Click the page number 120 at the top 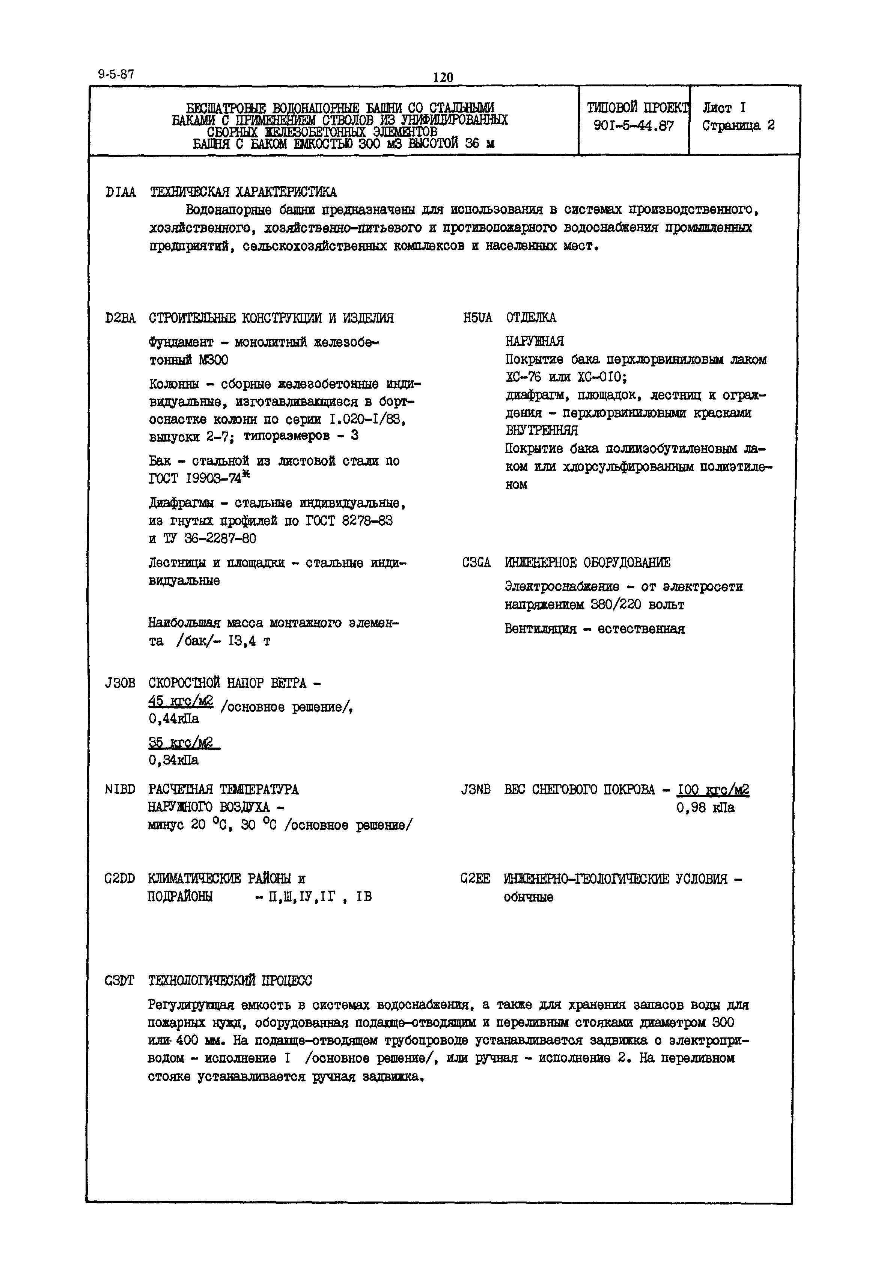(443, 77)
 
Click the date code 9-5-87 (116, 74)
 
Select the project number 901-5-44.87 (634, 126)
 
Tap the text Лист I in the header (724, 108)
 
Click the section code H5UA (477, 318)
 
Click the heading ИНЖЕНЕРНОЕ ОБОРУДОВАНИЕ (587, 563)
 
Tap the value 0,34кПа (173, 760)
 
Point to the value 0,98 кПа (705, 808)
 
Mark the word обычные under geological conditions (529, 897)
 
